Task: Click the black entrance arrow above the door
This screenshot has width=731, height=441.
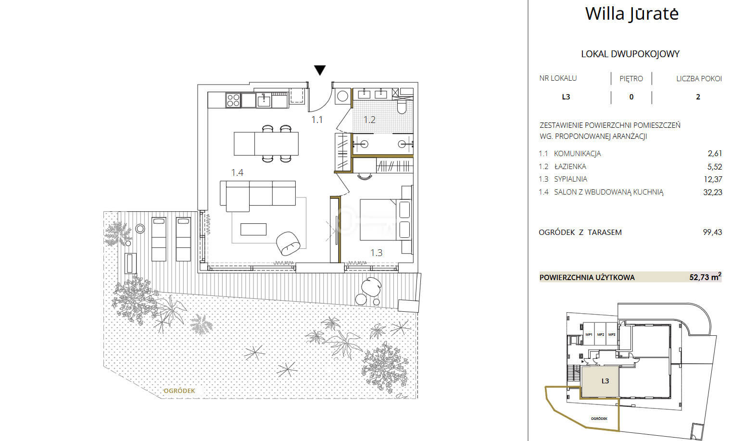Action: (x=320, y=70)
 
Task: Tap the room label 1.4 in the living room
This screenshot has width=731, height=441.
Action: (x=237, y=172)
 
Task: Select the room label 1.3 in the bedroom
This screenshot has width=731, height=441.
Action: (x=376, y=253)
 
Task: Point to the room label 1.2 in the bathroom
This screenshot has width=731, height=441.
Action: (x=369, y=120)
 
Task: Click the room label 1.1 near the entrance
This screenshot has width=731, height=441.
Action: (x=317, y=120)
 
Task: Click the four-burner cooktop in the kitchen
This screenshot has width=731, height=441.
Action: (x=233, y=100)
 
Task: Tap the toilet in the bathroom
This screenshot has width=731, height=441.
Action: (x=402, y=106)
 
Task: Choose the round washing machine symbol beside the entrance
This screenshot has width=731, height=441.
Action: (x=342, y=96)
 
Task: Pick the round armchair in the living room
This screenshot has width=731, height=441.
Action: (x=288, y=243)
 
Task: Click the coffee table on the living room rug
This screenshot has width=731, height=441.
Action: (x=253, y=229)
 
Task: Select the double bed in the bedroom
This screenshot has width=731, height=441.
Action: (x=385, y=220)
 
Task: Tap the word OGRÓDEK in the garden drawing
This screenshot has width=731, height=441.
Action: (x=179, y=391)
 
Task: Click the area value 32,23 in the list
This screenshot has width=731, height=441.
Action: (x=712, y=192)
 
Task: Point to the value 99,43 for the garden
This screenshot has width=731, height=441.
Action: (x=712, y=232)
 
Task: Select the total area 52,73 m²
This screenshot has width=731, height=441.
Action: (x=705, y=277)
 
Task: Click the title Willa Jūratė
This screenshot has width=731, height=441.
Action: (x=632, y=13)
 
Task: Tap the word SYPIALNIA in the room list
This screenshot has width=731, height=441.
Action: (x=570, y=179)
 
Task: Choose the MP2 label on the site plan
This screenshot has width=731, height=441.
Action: (x=601, y=334)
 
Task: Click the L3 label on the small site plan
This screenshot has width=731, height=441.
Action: (x=605, y=380)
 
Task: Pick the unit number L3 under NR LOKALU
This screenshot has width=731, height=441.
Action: (x=566, y=97)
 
